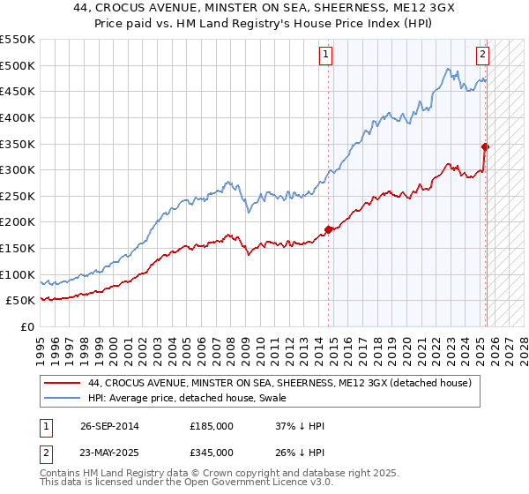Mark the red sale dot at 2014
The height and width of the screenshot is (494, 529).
click(x=329, y=229)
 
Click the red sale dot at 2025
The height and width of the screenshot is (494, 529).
click(x=486, y=146)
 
